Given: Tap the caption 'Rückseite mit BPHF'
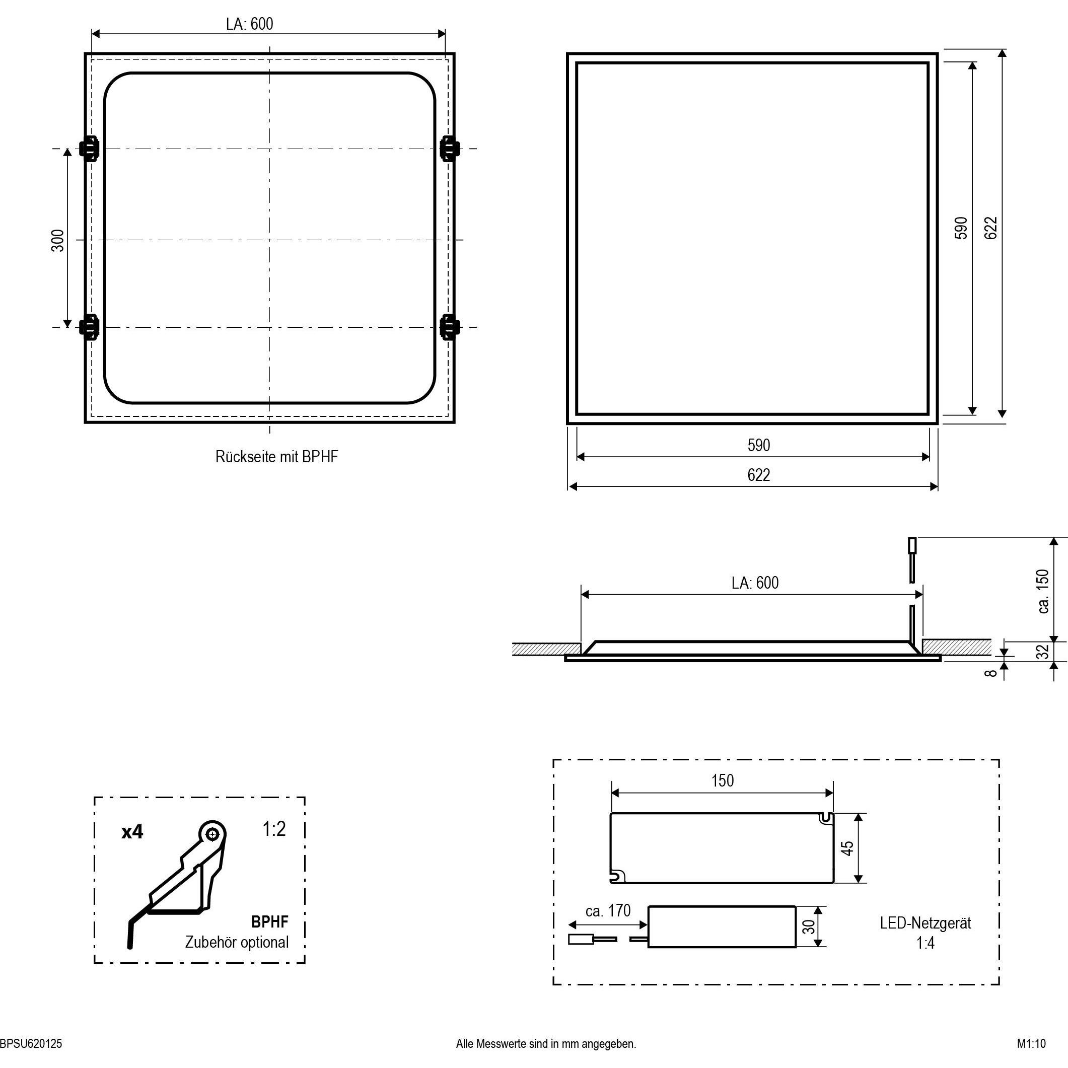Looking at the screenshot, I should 276,457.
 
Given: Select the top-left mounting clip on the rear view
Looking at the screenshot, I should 89,148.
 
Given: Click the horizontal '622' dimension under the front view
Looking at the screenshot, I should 758,475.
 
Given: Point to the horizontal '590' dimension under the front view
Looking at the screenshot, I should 758,445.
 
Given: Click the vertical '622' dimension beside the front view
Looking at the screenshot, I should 991,228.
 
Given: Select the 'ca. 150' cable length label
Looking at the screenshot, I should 1042,591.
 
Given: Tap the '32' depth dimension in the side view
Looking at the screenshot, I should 1042,651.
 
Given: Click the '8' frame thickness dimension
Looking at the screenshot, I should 990,673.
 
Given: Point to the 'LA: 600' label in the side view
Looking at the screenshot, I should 755,583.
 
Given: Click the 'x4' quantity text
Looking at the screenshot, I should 132,832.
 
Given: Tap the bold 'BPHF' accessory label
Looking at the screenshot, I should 269,921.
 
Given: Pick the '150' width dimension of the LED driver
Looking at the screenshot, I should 723,780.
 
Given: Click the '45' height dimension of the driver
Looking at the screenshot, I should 847,847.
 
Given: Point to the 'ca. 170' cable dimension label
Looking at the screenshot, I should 608,910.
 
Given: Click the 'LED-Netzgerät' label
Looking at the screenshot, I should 925,923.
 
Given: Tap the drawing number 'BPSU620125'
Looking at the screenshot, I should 31,1044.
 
